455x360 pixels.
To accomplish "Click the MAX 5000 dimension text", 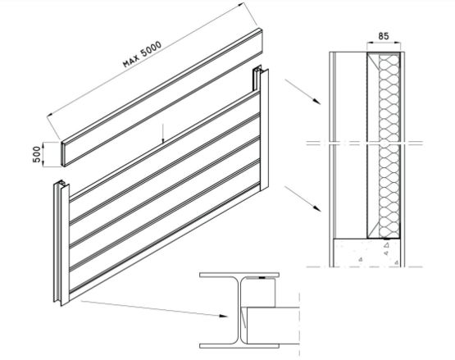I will point(141,52).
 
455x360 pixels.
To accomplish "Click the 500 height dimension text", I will point(37,154).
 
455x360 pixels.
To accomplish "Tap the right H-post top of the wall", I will point(258,82).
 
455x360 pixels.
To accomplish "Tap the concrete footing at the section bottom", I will point(369,250).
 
